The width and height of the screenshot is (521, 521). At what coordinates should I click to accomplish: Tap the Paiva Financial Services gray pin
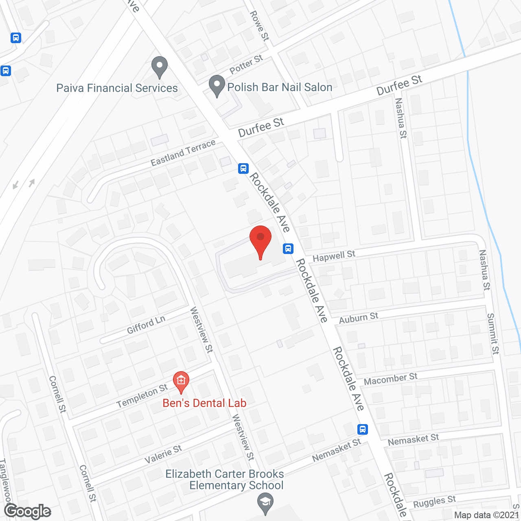click(160, 67)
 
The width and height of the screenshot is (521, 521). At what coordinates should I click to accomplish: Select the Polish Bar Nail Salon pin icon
click(217, 86)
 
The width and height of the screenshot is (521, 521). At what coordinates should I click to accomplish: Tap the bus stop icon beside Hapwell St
click(288, 248)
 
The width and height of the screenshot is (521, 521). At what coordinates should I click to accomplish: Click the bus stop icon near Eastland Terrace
click(243, 168)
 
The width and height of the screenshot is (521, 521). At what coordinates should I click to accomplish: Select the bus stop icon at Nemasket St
click(363, 429)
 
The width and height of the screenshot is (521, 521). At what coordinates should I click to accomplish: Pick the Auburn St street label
click(359, 318)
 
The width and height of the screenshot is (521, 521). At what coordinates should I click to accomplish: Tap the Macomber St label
click(390, 379)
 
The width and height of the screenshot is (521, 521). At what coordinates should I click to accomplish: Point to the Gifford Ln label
click(146, 325)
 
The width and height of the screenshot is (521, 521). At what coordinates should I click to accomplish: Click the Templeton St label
click(142, 396)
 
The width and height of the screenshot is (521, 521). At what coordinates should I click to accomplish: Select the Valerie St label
click(163, 454)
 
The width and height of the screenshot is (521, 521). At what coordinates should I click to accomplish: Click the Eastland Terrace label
click(183, 153)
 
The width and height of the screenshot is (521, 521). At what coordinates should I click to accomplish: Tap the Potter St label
click(246, 65)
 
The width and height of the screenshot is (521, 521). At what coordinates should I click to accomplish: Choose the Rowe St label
click(259, 26)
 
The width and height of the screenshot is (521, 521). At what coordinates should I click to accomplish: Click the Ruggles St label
click(434, 501)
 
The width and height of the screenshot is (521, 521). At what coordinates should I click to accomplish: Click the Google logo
click(28, 511)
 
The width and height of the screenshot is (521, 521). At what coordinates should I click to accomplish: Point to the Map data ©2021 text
click(487, 515)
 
